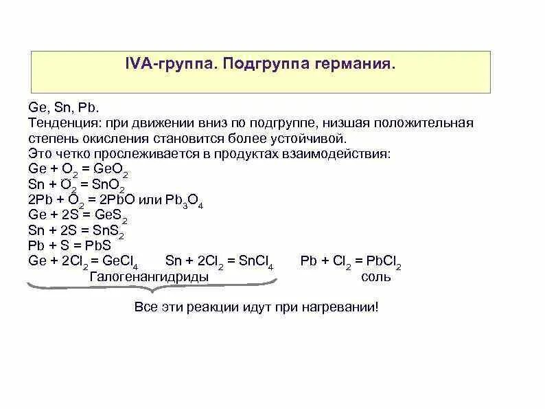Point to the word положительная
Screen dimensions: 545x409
pos(425,122)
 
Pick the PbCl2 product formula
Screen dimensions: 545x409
pos(384,262)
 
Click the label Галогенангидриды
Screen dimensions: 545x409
pos(148,276)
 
